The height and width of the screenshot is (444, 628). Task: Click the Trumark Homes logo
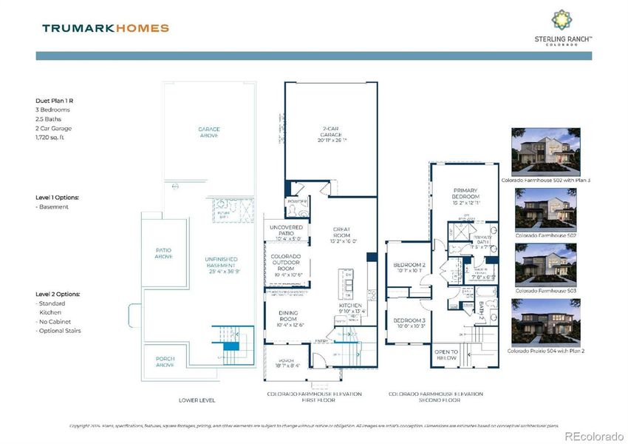pos(106,28)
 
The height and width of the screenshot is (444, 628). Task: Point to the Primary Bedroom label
pos(466,195)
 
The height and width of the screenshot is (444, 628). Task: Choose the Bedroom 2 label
pos(409,267)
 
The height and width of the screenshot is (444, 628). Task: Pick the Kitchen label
pos(351,308)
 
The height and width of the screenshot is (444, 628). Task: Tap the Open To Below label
pos(446,355)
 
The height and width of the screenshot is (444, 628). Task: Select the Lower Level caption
pos(197,400)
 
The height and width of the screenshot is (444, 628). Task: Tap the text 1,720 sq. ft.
pos(55,138)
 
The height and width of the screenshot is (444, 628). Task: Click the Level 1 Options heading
pos(57,198)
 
